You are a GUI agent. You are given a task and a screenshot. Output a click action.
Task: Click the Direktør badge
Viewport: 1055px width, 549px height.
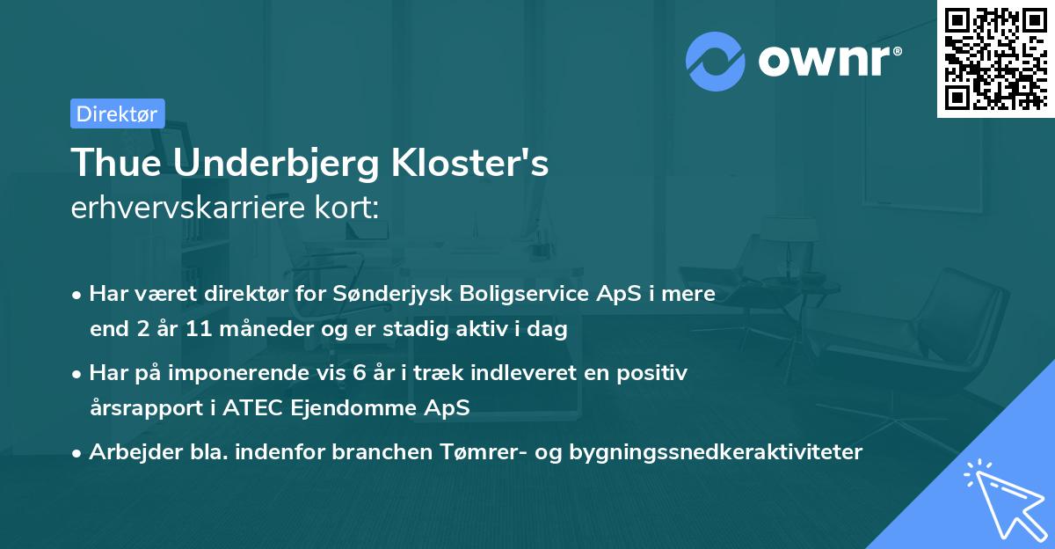click(117, 113)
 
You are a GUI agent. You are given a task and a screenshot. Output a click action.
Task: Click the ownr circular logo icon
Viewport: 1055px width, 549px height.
click(716, 61)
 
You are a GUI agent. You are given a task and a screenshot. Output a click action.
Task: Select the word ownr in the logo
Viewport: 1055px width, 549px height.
click(824, 61)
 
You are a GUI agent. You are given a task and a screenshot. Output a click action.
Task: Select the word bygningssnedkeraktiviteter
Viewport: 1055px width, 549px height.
click(717, 452)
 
